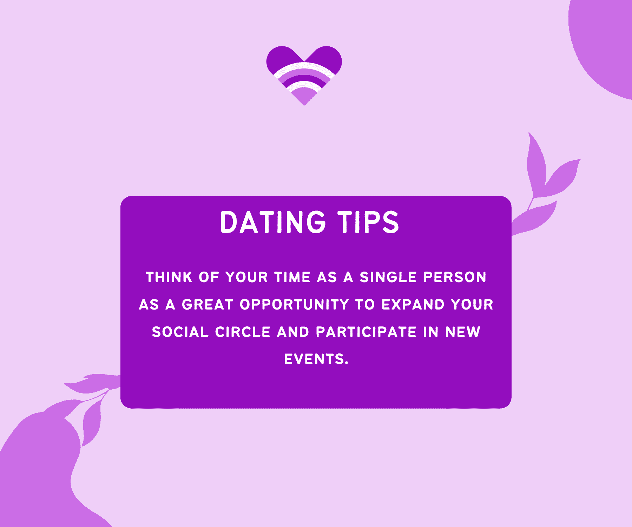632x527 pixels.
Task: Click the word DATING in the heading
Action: point(273,222)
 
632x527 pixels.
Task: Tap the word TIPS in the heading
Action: point(368,222)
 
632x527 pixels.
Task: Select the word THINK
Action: point(169,277)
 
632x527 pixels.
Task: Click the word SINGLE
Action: point(388,277)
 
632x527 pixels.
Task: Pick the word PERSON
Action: point(455,277)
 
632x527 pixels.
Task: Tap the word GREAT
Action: point(208,305)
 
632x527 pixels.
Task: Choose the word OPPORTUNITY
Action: point(294,305)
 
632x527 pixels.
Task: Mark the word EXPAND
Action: point(413,305)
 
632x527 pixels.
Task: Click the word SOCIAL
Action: point(180,332)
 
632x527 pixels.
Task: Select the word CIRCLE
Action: point(243,332)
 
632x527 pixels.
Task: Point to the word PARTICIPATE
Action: point(366,332)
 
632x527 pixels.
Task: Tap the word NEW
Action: point(463,332)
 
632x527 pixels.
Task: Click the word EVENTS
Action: point(316,359)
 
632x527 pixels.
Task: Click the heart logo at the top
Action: point(304,76)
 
